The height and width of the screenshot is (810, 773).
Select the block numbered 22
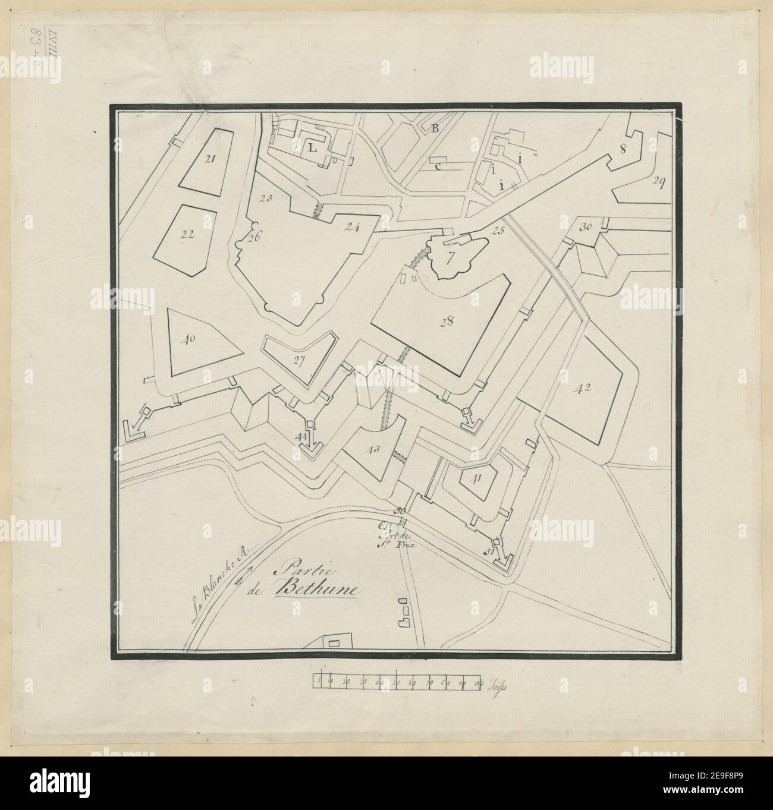click(x=187, y=234)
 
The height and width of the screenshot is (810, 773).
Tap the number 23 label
click(x=265, y=198)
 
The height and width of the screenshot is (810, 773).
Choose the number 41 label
click(x=476, y=477)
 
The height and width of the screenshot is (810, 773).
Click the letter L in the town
click(x=312, y=149)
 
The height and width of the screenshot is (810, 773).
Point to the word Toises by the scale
click(x=495, y=686)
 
